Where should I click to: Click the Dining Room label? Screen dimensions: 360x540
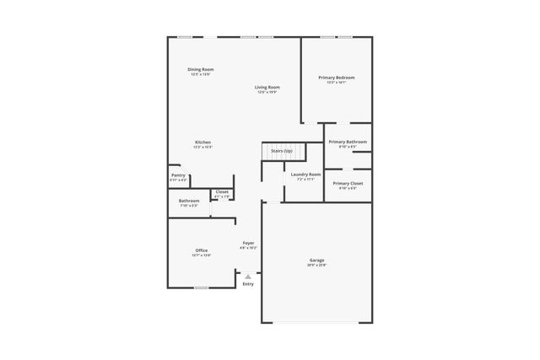point(200,69)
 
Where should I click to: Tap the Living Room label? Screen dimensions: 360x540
point(268,87)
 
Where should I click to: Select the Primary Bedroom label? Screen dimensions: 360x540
point(337,78)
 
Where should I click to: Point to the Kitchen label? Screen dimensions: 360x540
point(202,142)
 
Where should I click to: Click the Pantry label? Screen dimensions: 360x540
point(178,175)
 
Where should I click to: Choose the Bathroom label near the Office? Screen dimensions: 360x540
point(189,201)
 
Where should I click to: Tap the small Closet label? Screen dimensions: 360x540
point(222,191)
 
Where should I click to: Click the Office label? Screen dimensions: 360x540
point(202,250)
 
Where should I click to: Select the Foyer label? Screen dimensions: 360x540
point(248,243)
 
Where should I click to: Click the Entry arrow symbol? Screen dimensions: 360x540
point(248,276)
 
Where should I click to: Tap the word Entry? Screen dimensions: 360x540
point(248,284)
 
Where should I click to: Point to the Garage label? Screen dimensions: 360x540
point(316,260)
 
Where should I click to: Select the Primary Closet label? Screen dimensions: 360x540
point(348,183)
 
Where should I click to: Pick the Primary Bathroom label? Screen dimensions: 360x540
point(348,142)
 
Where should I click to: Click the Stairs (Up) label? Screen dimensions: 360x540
point(282,151)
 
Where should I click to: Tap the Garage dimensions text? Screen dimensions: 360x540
point(316,265)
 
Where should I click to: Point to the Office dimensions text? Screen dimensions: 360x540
point(202,255)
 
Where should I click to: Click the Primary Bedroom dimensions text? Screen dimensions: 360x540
point(337,83)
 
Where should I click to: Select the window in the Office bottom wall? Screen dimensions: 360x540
point(201,288)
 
